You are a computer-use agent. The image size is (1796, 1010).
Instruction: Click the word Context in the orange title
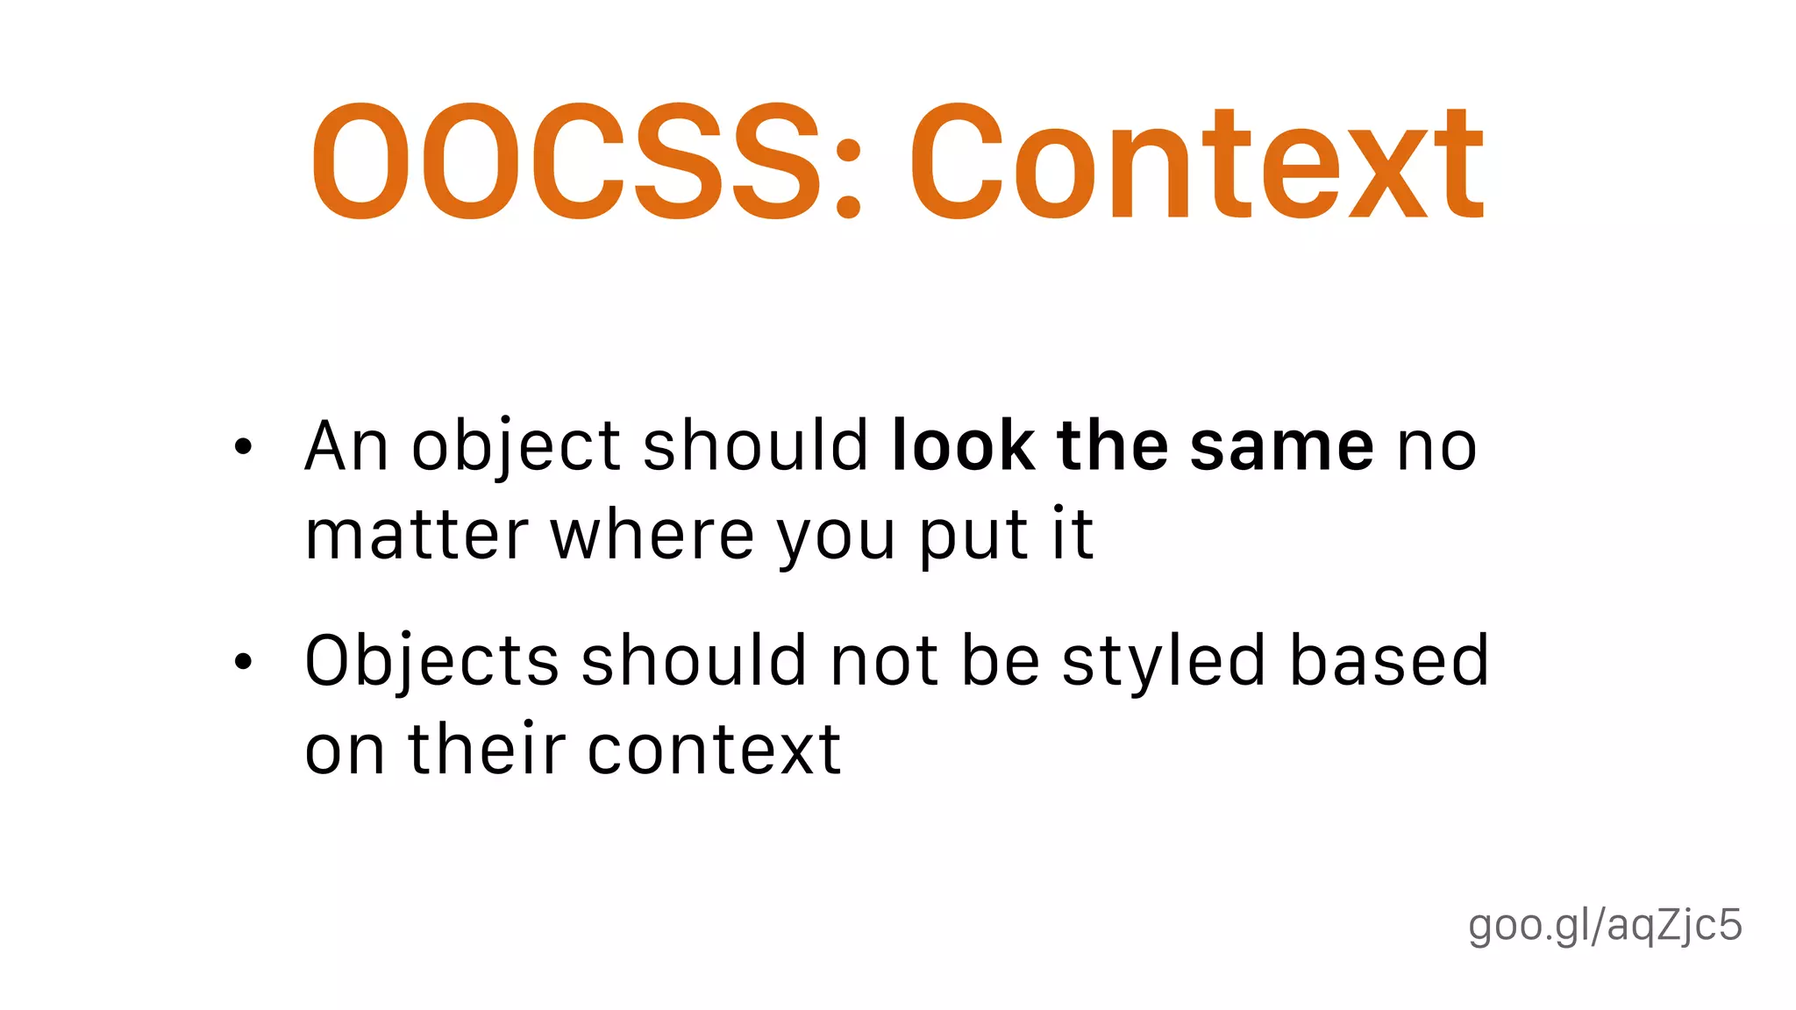(x=1197, y=162)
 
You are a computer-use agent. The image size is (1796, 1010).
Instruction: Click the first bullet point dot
(x=243, y=447)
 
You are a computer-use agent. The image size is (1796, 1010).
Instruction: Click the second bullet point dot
(x=243, y=662)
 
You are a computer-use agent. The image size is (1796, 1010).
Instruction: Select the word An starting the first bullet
(x=346, y=447)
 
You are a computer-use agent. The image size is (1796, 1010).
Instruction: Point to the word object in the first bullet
(x=517, y=447)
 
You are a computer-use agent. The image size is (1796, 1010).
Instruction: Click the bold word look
(x=962, y=447)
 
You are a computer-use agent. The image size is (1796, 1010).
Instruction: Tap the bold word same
(x=1281, y=447)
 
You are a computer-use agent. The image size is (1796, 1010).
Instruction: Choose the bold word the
(x=1112, y=447)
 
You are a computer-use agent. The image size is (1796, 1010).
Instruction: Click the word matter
(x=417, y=535)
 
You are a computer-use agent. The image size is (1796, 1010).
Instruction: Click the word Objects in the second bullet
(x=431, y=662)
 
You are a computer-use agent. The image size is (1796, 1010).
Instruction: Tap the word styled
(x=1164, y=662)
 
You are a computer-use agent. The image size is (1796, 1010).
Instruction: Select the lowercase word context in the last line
(x=714, y=750)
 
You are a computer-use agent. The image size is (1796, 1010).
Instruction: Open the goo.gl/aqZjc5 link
(x=1605, y=926)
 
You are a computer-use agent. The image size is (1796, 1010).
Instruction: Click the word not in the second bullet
(x=884, y=662)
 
